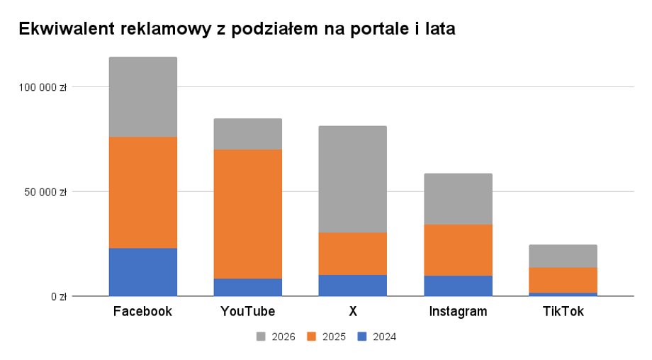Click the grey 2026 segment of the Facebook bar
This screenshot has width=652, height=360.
pos(142,97)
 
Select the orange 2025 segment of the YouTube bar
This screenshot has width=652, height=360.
pos(247,214)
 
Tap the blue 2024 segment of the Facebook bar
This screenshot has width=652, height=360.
pos(142,271)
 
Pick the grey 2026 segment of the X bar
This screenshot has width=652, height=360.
pos(352,179)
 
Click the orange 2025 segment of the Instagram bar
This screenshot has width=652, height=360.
pos(458,250)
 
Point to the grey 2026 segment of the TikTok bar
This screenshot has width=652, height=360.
pos(563,256)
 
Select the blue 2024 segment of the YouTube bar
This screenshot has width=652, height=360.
pos(247,287)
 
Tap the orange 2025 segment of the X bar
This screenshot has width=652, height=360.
pos(352,254)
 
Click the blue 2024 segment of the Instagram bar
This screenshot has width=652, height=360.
pos(458,286)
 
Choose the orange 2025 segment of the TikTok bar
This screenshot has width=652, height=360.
pos(563,280)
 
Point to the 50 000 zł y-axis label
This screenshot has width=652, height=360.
pos(45,191)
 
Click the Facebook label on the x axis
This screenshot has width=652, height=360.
pos(142,312)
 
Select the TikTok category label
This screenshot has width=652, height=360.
pos(563,312)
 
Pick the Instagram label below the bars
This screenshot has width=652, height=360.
pos(458,312)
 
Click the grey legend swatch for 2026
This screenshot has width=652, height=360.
pos(260,337)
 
